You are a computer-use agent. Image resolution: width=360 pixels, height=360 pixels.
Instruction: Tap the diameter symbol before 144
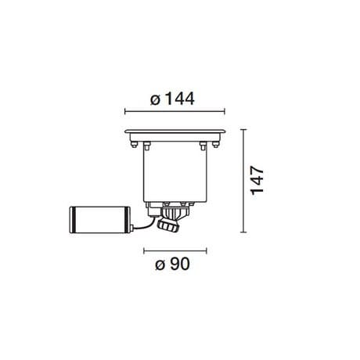(x=154, y=99)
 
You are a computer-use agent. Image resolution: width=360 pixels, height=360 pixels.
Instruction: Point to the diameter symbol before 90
(x=160, y=265)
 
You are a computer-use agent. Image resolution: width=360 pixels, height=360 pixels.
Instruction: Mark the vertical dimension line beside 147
(x=245, y=181)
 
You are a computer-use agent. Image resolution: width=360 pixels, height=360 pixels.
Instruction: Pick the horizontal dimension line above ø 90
(x=175, y=250)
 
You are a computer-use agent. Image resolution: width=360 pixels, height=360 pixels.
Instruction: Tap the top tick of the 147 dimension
(x=245, y=127)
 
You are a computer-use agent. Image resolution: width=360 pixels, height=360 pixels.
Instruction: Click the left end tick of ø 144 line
(x=126, y=110)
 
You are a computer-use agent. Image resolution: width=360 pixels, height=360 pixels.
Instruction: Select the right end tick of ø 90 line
(x=207, y=250)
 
